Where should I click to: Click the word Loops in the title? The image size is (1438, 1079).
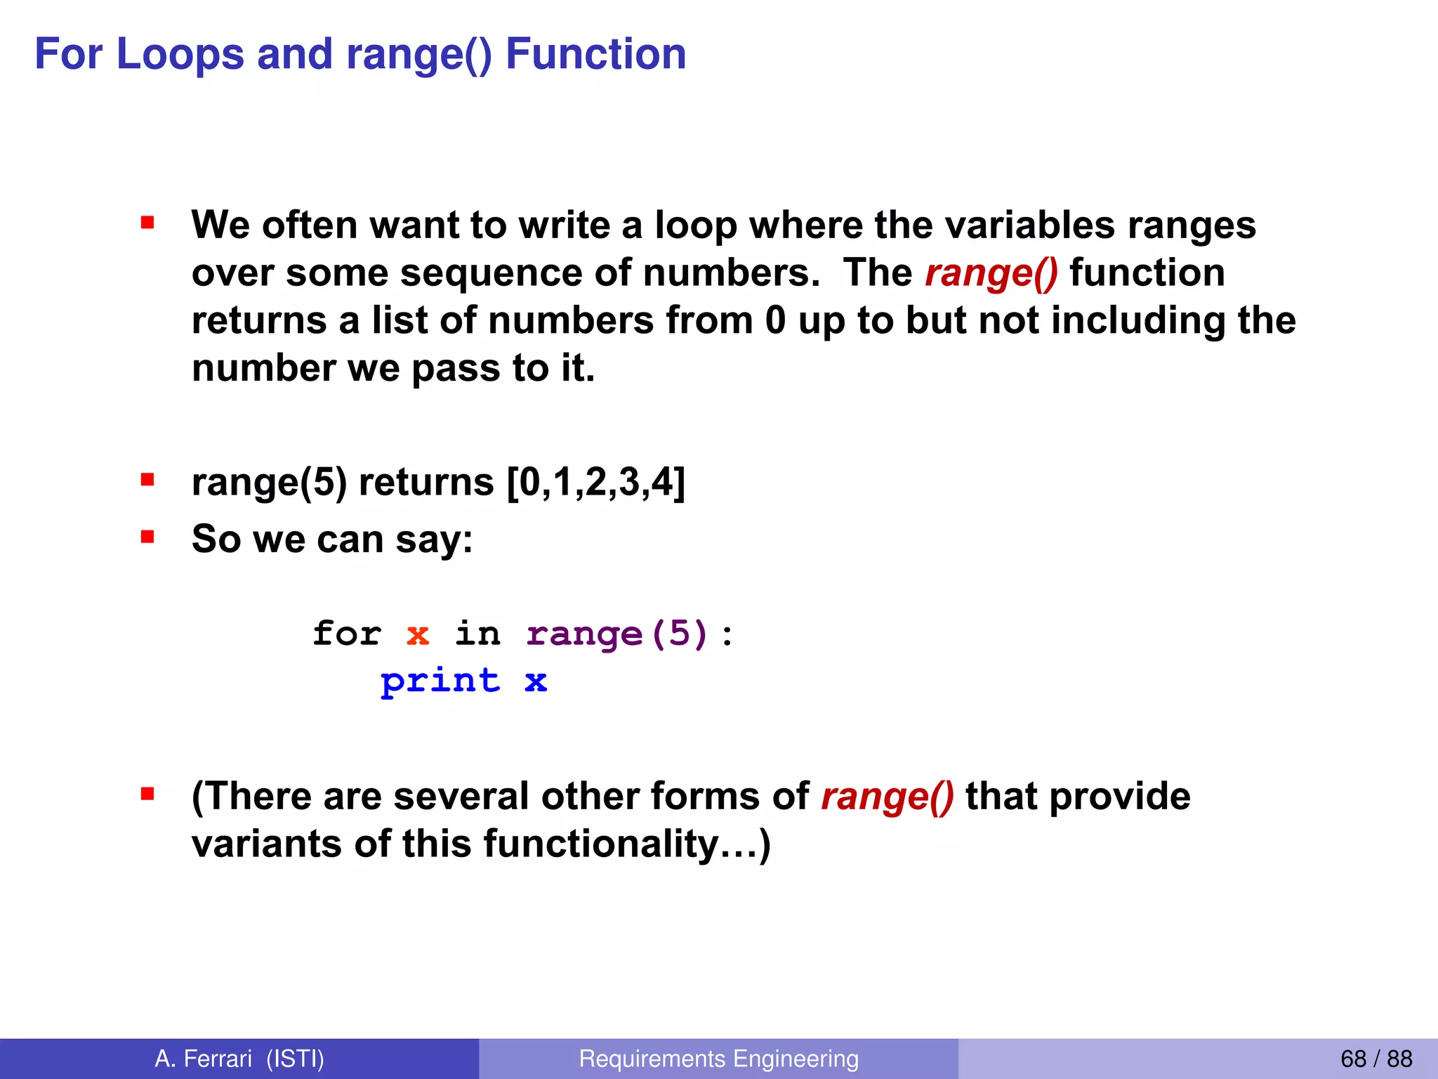tap(180, 55)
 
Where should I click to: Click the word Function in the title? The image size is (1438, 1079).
tap(595, 55)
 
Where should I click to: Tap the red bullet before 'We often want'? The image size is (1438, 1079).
tap(147, 223)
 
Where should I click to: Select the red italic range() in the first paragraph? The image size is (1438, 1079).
tap(991, 273)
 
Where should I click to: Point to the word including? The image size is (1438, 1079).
tap(1137, 321)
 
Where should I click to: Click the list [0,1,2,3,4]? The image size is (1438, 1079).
tap(595, 483)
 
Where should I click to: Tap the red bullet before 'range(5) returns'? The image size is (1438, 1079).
tap(147, 480)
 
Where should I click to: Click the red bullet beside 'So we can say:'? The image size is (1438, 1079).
tap(147, 537)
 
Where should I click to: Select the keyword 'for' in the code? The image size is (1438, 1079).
tap(347, 634)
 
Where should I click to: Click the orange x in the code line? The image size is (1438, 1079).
tap(418, 635)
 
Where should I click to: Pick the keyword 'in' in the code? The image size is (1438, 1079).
tap(477, 634)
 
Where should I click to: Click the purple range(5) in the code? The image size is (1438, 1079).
tap(616, 635)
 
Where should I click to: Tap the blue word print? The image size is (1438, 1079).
tap(440, 681)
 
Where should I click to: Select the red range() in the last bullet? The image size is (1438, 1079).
tap(887, 797)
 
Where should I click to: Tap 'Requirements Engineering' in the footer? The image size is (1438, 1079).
tap(718, 1059)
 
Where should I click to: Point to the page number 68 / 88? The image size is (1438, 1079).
tap(1376, 1059)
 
